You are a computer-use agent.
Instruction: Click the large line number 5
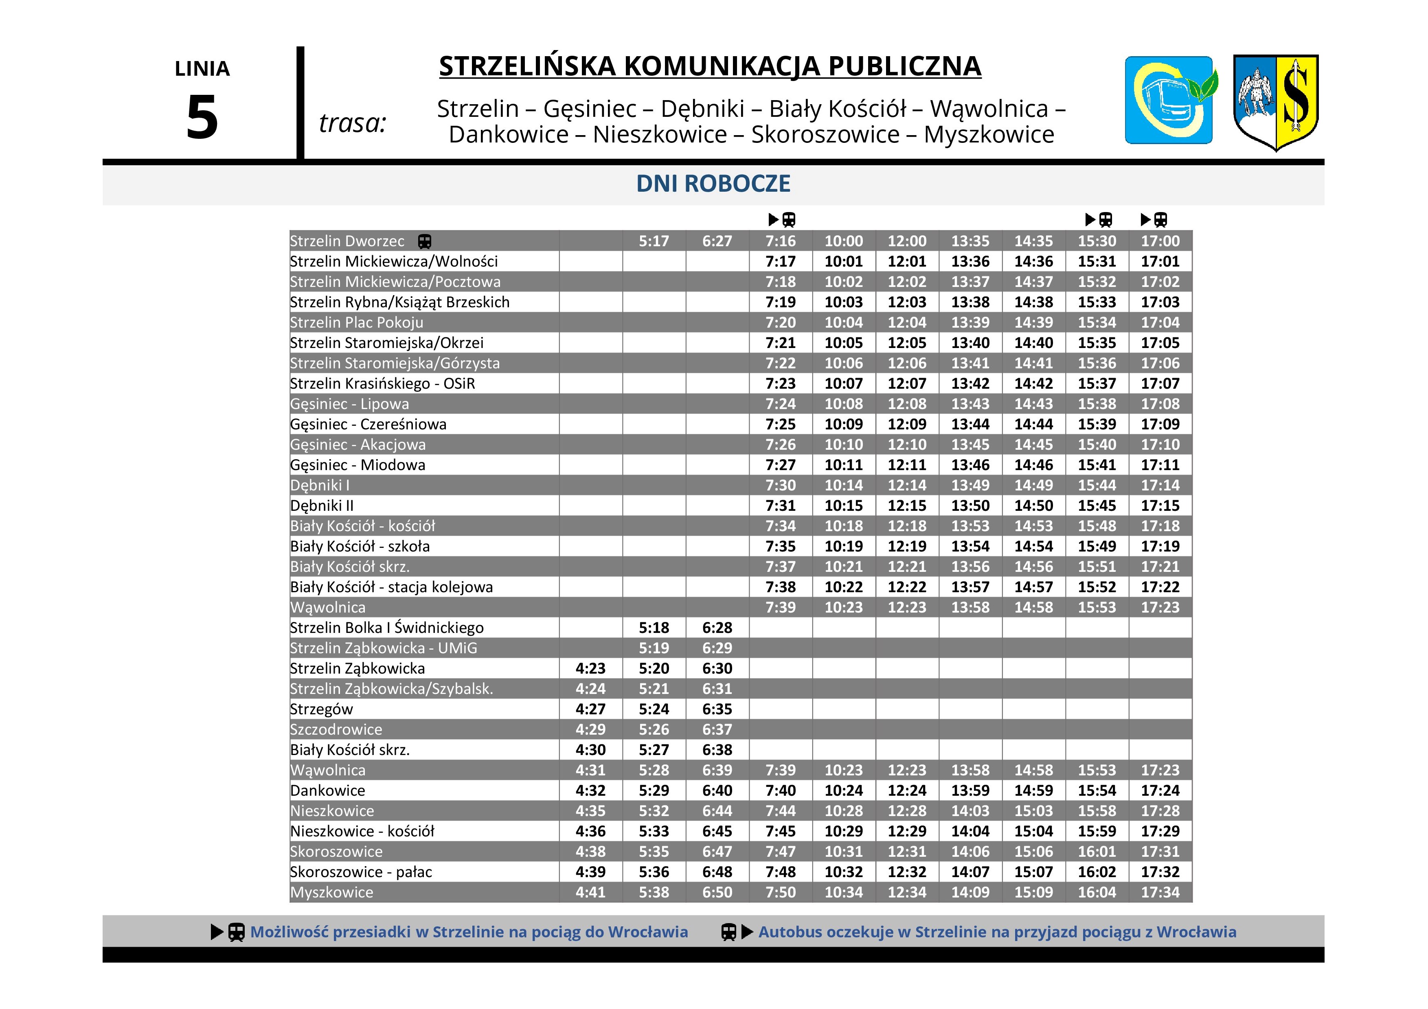[202, 118]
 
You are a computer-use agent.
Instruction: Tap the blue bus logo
[1169, 100]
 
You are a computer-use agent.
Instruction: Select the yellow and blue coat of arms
[1276, 101]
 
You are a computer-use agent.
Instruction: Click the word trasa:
[353, 123]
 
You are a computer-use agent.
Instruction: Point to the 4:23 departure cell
[590, 668]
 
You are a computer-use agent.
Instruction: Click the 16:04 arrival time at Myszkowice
[1097, 892]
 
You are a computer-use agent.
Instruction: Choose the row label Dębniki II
[322, 506]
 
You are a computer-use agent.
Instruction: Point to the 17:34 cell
[1160, 892]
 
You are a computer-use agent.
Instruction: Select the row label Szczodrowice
[336, 730]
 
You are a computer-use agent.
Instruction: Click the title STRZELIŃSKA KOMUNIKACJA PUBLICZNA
[710, 66]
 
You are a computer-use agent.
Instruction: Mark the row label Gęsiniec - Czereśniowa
[368, 425]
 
